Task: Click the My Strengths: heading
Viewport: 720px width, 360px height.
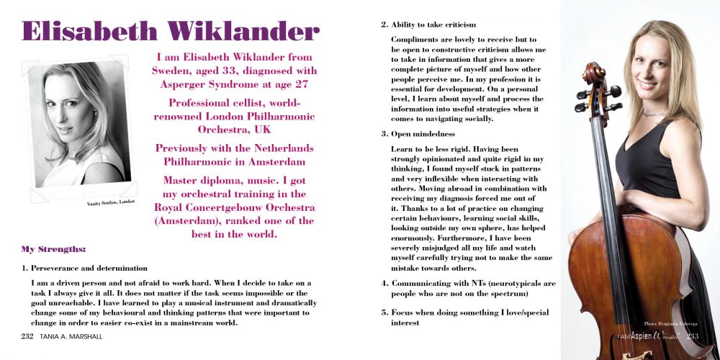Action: pyautogui.click(x=54, y=249)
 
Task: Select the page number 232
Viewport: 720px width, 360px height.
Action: pyautogui.click(x=28, y=336)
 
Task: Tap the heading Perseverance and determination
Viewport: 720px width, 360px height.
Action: pyautogui.click(x=89, y=268)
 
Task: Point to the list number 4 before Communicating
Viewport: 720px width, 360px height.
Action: pyautogui.click(x=384, y=283)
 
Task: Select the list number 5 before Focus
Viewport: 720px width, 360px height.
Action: pyautogui.click(x=384, y=312)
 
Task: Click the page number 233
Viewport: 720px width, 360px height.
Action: pyautogui.click(x=693, y=336)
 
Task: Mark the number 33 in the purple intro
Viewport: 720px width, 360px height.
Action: pyautogui.click(x=236, y=71)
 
